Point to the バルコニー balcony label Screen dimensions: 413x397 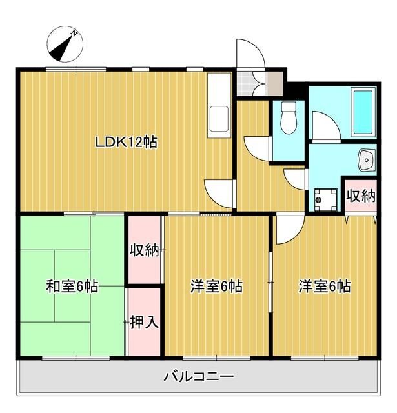(x=198, y=376)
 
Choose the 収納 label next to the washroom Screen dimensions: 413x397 (x=360, y=196)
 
